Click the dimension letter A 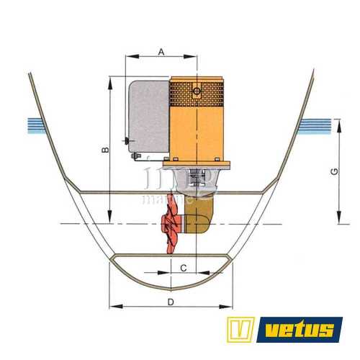[x=161, y=51]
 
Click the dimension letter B [x=104, y=150]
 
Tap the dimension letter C [x=184, y=268]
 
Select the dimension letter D [x=170, y=302]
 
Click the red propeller [x=171, y=229]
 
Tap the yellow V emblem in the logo [x=240, y=329]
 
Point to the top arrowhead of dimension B [x=109, y=80]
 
